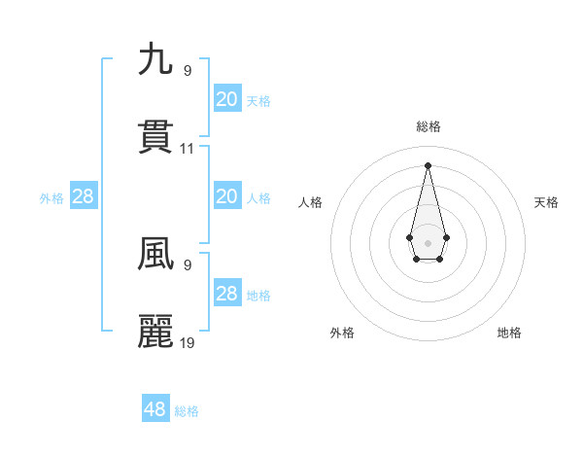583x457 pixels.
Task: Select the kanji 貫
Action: [155, 137]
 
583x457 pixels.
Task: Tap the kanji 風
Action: [155, 253]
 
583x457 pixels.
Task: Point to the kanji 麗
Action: [155, 332]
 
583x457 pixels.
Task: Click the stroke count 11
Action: [188, 149]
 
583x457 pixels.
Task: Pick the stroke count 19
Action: [188, 342]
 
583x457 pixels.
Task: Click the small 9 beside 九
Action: [187, 70]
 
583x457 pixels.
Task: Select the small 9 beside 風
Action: [187, 264]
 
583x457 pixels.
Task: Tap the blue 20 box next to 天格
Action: [226, 99]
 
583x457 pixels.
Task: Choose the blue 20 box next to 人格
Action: [226, 196]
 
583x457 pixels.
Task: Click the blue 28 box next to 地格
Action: [226, 294]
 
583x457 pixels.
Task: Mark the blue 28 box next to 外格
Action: [84, 196]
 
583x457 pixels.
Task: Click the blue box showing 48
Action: [155, 409]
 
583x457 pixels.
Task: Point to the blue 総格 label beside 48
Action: [187, 411]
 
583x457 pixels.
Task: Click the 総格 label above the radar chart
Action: [428, 126]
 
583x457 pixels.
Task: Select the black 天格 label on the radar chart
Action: [546, 202]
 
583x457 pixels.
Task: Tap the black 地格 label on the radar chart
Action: [509, 333]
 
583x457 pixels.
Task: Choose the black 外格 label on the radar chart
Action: [342, 333]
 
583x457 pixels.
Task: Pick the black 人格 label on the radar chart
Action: [310, 202]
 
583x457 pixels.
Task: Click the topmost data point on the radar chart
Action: [428, 164]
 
